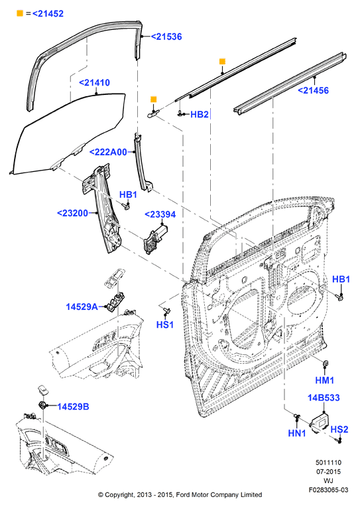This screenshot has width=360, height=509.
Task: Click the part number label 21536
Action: coord(166,36)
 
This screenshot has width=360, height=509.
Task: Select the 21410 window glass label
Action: coord(94,82)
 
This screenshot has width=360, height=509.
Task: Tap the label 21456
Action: coord(314,90)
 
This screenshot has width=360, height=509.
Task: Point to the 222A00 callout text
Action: coord(108,152)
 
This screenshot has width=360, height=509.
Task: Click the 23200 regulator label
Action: coord(73,213)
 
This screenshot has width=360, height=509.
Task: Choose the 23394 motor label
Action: coord(160,214)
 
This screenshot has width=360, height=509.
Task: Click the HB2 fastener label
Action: coord(199,114)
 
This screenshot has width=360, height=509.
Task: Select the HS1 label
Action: coord(165,325)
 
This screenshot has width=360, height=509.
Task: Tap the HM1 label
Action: coord(324,380)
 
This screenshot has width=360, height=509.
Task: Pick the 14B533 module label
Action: coord(324,398)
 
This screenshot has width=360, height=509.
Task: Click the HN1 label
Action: coord(297,433)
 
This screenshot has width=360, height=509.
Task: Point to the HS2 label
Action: coord(339,429)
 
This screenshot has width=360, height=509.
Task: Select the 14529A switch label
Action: coord(82,307)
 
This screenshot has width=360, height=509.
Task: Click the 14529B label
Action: coord(73,406)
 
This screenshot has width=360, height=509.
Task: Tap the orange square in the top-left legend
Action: coord(20,13)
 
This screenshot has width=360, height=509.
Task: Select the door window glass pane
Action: coord(68,133)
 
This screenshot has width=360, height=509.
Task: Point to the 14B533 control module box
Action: coord(320,423)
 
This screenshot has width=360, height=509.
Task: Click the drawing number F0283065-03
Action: coord(328,490)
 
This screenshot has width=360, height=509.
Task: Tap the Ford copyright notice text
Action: coord(180,494)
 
